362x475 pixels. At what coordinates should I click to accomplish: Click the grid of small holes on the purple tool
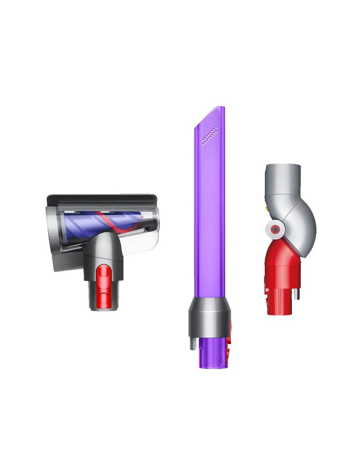coord(209,136)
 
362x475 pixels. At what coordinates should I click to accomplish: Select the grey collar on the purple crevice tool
coord(209,317)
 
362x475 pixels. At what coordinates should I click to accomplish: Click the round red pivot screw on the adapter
coord(274,229)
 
